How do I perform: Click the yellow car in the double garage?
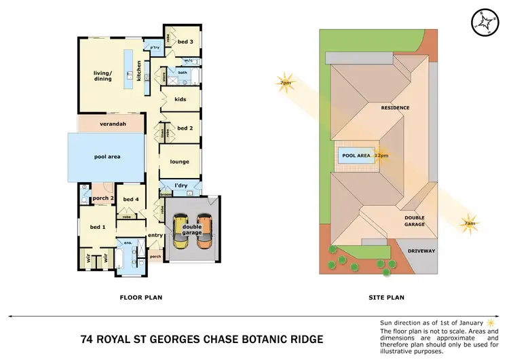tap(181, 231)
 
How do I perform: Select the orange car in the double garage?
tap(204, 231)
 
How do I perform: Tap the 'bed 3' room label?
tap(186, 42)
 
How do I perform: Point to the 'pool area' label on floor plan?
tap(107, 157)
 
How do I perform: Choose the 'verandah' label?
tap(112, 124)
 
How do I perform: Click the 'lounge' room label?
tap(180, 162)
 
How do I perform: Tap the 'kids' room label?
tap(180, 100)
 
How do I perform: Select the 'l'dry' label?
tap(181, 185)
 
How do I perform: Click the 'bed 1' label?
tap(97, 226)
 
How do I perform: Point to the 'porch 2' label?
tap(102, 198)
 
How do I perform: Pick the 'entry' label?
tap(155, 235)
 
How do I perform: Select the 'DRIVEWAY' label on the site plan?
tap(421, 251)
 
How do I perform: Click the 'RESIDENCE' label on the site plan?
tap(395, 108)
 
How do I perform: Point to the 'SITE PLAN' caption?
tap(385, 297)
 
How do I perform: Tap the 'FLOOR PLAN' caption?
tap(140, 297)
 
